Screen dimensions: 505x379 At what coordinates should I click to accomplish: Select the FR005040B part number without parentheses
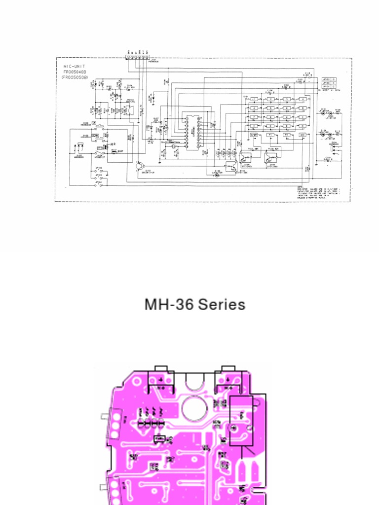[75, 72]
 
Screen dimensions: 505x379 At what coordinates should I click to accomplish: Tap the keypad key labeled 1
[254, 99]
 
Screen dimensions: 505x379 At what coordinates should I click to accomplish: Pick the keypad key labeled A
[302, 99]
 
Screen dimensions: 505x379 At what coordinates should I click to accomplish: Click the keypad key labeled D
[302, 126]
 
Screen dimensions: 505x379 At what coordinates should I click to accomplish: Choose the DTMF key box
[254, 135]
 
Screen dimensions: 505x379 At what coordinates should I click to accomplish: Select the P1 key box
[270, 135]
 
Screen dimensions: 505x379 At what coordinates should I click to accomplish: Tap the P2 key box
[286, 135]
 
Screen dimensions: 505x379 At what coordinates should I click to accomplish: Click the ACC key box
[302, 135]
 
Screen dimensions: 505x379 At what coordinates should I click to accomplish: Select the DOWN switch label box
[95, 135]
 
